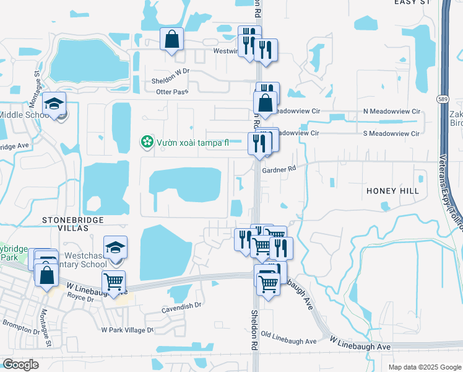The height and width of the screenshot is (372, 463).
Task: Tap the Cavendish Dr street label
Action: (x=181, y=305)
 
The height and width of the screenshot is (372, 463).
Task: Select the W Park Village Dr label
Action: (x=127, y=330)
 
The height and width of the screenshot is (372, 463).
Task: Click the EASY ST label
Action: (x=412, y=2)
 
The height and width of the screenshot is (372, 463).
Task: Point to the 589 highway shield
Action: (x=442, y=99)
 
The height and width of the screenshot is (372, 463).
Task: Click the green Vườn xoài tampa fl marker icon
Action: (x=147, y=143)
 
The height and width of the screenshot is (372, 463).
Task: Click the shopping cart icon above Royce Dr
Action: (x=113, y=282)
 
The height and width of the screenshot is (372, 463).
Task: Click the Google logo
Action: (x=20, y=365)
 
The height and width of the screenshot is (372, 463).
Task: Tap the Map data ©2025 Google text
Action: (x=424, y=367)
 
